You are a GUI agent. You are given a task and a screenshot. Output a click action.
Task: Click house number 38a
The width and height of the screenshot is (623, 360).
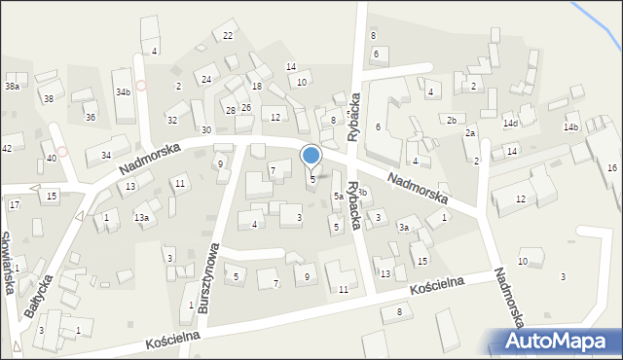pos(12,87)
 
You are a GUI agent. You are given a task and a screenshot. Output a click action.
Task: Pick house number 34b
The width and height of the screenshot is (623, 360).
pos(123,92)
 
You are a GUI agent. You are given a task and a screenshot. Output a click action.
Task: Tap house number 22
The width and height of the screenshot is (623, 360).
pos(228,36)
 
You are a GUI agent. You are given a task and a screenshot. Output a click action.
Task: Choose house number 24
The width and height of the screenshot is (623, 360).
pos(206,79)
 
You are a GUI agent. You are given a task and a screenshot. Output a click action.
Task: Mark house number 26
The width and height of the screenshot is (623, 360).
pos(246,107)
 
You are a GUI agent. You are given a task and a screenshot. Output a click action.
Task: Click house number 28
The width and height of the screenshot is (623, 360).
pos(231,111)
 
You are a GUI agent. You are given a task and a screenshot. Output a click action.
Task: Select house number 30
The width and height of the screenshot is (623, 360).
pos(205,129)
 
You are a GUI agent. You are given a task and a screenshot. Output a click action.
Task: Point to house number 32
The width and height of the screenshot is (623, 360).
pos(172,121)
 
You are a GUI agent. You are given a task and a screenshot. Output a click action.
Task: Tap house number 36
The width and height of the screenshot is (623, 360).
pos(91,118)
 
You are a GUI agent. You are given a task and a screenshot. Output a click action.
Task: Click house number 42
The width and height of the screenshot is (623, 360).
pos(7,148)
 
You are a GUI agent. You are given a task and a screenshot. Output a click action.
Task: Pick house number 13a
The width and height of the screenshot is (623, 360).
pos(142,218)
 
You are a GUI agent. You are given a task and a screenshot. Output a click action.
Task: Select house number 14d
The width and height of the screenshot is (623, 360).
pos(510,124)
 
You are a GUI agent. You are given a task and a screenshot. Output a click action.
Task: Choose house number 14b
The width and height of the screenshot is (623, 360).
pos(570,127)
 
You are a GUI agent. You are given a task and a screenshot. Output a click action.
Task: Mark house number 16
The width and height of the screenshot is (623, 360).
pos(611,168)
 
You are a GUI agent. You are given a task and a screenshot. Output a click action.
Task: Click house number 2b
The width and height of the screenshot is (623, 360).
pos(451,121)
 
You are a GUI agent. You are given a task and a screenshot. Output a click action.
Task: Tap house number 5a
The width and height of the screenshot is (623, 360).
pos(339,197)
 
